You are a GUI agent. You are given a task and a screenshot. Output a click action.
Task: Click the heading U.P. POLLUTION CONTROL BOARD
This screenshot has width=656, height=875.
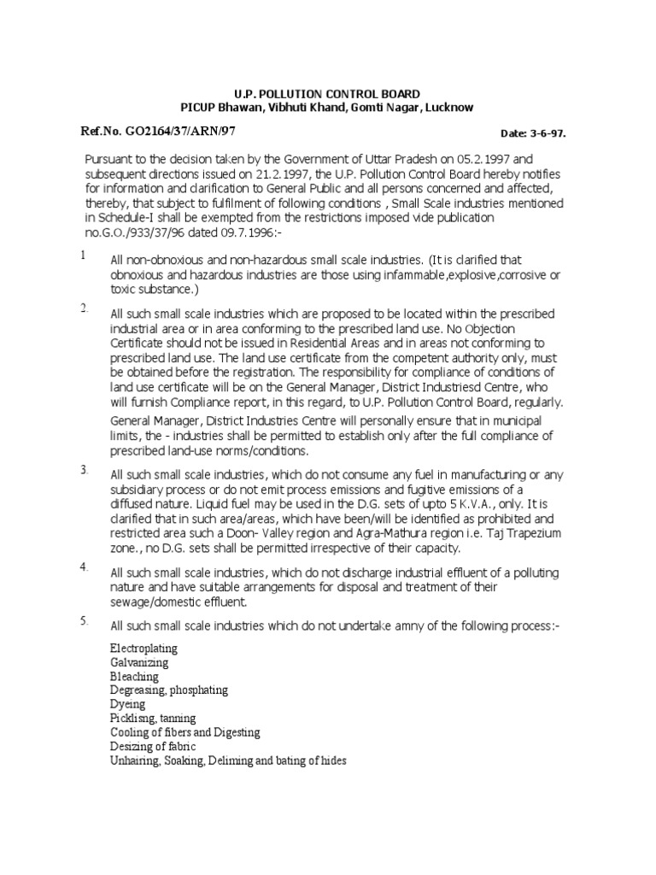[x=327, y=93]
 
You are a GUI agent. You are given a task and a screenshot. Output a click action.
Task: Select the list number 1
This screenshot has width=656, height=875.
[x=83, y=255]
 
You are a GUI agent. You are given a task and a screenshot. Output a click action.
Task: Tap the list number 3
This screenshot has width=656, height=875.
[x=85, y=471]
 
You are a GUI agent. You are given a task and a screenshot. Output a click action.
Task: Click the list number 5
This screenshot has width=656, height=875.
[x=85, y=621]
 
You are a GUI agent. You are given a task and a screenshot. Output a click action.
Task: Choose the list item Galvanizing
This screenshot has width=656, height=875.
[x=139, y=661]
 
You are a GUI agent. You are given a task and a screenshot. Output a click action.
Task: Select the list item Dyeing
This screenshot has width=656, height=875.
[x=127, y=704]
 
